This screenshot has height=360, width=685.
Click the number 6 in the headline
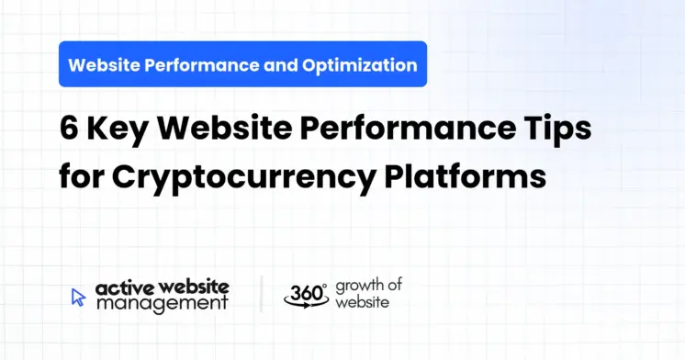(x=70, y=129)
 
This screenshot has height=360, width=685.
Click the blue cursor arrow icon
(x=78, y=297)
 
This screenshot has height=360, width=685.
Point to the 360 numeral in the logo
(x=304, y=293)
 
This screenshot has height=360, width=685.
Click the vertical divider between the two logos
(x=261, y=294)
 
